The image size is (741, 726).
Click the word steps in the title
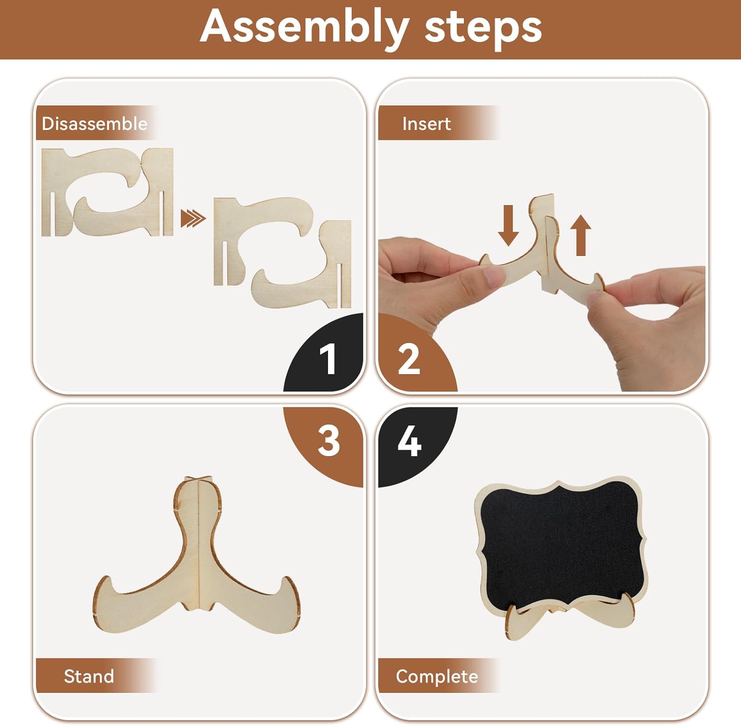coord(483,27)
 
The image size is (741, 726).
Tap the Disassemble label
coord(94,124)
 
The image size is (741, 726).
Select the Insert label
coord(426,124)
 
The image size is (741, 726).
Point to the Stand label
coord(89,676)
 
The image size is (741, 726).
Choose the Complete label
coord(437,676)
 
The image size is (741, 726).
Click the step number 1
coord(328,359)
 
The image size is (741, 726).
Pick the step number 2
coord(409,359)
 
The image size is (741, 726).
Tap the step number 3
coord(329,441)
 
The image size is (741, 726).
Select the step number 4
coord(410,441)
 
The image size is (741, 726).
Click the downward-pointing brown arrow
coord(508,225)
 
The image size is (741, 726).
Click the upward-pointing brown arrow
coord(581,235)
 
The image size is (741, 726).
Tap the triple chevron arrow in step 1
coord(193,218)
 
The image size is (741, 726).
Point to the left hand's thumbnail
coord(494,277)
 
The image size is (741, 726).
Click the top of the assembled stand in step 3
coord(198,478)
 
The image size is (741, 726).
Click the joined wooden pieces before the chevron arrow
coord(107,192)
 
